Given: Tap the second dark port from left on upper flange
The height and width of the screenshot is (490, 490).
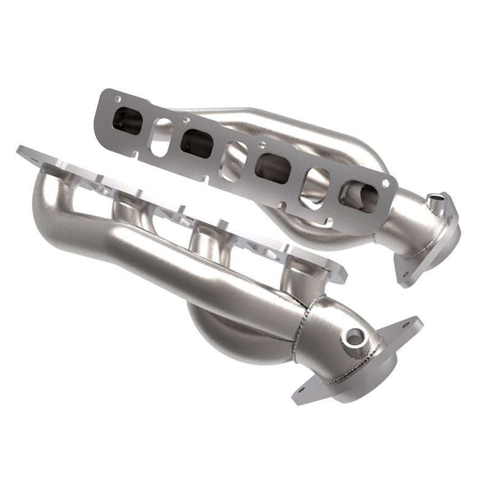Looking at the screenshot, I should [197, 141].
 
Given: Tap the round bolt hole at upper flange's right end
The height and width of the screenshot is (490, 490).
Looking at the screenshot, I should [386, 182].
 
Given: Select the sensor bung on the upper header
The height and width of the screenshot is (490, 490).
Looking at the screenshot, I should [435, 200].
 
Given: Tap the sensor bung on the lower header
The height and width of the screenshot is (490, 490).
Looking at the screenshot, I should [355, 335].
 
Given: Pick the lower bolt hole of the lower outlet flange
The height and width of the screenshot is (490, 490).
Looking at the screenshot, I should [301, 390].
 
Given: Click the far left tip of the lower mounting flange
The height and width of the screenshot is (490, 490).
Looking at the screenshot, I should [20, 149].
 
